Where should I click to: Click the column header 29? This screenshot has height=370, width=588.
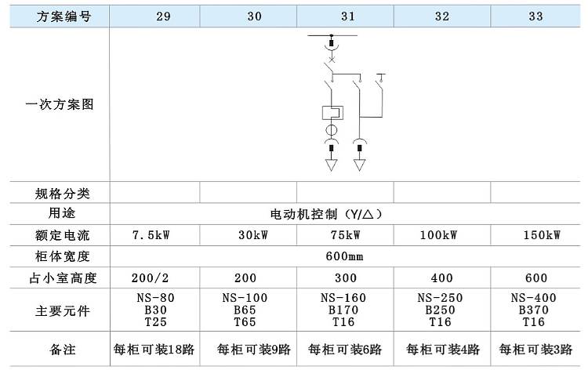point(163,16)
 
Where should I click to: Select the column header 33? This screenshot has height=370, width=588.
point(536,16)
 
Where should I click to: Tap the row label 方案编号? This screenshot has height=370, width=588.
point(64,16)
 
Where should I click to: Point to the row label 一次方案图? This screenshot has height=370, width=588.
point(60,104)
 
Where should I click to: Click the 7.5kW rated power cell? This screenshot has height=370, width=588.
point(151,235)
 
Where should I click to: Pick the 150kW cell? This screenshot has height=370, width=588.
point(542,235)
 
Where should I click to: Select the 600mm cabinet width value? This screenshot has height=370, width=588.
point(344,256)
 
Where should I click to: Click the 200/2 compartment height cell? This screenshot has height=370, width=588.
point(150,277)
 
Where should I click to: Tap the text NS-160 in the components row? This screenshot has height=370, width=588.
point(343,298)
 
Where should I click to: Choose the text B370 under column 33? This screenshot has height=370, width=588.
point(534,310)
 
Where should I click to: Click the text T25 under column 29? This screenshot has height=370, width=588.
point(156,322)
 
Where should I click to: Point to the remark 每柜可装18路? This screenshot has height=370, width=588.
point(154,350)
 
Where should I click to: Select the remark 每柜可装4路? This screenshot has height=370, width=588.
point(443,350)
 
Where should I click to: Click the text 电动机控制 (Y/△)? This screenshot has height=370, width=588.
point(326,214)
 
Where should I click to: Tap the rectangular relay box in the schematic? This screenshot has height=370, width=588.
point(332,113)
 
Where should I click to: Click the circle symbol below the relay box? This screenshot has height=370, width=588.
point(331,130)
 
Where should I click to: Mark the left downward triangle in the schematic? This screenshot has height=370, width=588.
point(331,165)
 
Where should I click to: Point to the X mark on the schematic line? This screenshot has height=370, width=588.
point(332,60)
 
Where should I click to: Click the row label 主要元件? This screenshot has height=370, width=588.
point(63,310)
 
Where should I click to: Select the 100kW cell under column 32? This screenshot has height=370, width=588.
point(439,235)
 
